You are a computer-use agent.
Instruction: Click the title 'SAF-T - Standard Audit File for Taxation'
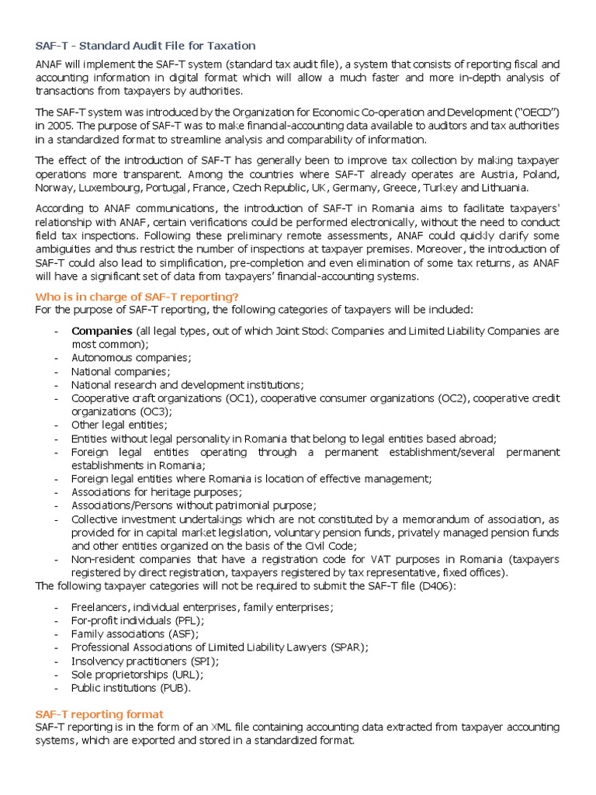tap(145, 46)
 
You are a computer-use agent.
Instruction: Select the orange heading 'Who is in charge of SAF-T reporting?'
tap(137, 297)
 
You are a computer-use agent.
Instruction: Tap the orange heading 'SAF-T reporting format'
tap(99, 713)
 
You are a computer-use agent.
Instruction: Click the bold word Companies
tap(101, 332)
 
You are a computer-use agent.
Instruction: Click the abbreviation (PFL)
tap(187, 620)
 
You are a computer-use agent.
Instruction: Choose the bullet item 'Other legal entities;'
tap(119, 425)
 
